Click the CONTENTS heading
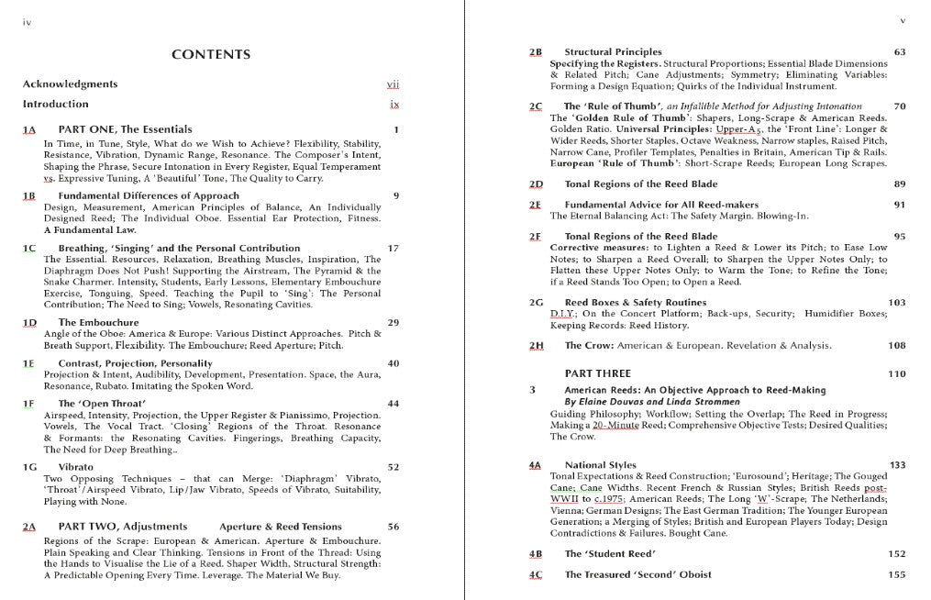point(211,55)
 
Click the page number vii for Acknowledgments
point(393,84)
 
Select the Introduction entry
point(56,105)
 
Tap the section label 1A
point(28,130)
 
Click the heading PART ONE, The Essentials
point(125,130)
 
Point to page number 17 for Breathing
point(393,249)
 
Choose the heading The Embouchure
point(98,323)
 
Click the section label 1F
point(28,404)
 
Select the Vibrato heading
point(75,467)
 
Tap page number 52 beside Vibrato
point(393,467)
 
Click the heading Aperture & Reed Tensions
point(281,527)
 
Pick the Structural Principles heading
point(613,52)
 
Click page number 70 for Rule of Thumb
point(899,106)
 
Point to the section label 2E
point(536,205)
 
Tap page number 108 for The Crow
point(896,346)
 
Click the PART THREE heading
point(598,374)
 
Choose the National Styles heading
point(600,465)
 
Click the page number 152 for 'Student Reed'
point(896,554)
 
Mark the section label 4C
point(536,575)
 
